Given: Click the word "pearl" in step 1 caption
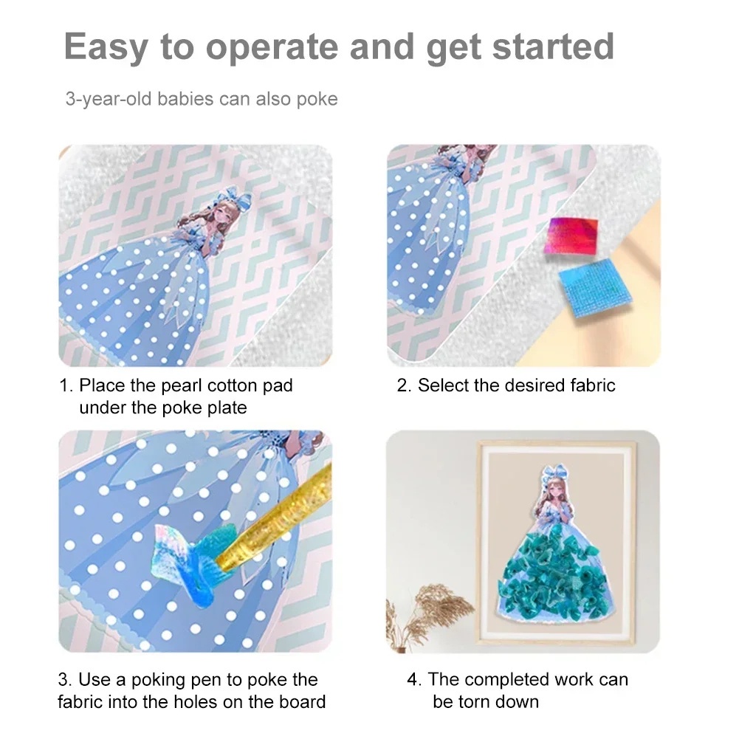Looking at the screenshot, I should tap(182, 385).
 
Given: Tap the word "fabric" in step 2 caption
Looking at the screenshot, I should tap(588, 385).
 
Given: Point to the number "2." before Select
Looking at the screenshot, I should tap(405, 385).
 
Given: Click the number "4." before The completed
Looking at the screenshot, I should tap(414, 679).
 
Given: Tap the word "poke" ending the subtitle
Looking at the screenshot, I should tap(317, 99).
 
